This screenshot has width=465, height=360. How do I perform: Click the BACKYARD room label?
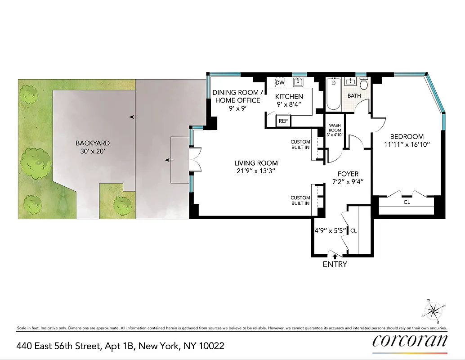[93, 143]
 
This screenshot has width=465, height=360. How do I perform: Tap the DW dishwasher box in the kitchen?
[280, 83]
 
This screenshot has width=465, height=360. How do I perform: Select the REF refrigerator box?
[283, 121]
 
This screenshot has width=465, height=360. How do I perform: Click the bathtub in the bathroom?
[333, 94]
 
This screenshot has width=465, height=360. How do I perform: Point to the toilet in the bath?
[364, 84]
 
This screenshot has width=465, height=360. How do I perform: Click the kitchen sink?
[297, 82]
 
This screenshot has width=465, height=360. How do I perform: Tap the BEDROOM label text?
[407, 137]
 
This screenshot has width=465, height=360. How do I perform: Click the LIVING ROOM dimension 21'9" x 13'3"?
[256, 171]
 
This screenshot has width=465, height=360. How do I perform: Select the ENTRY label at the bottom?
[335, 264]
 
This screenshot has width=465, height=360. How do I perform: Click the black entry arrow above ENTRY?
[334, 256]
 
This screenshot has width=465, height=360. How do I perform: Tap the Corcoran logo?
[410, 341]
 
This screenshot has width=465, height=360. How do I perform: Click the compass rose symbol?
[433, 310]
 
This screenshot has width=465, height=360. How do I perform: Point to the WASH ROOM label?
[335, 128]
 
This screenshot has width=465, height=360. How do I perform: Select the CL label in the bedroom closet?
[407, 202]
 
